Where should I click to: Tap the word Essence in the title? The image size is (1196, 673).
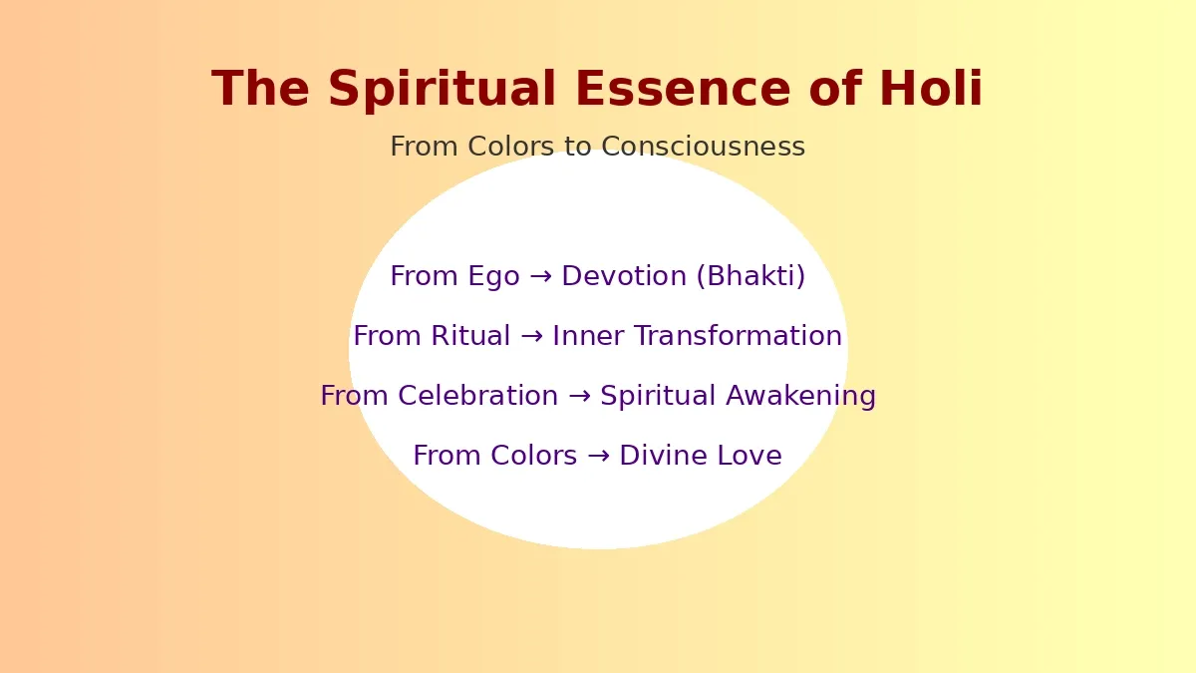click(683, 89)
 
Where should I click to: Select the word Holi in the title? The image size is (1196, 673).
click(931, 88)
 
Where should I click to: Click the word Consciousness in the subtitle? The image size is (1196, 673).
click(704, 147)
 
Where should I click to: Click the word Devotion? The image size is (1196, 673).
click(624, 276)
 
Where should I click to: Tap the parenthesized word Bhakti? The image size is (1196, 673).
click(750, 277)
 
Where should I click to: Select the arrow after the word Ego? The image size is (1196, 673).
click(541, 277)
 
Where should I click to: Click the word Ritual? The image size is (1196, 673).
click(470, 336)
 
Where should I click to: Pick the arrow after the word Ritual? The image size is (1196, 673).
click(531, 337)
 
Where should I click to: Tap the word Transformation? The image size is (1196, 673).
click(738, 336)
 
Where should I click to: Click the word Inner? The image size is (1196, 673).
click(588, 336)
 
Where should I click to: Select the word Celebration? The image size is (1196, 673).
click(477, 396)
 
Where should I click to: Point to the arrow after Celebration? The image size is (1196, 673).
click(579, 397)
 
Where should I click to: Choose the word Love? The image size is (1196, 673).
click(749, 456)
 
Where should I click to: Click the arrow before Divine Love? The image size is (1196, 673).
click(598, 457)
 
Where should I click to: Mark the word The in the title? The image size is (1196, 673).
click(260, 89)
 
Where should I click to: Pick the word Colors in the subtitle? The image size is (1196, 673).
click(511, 147)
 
